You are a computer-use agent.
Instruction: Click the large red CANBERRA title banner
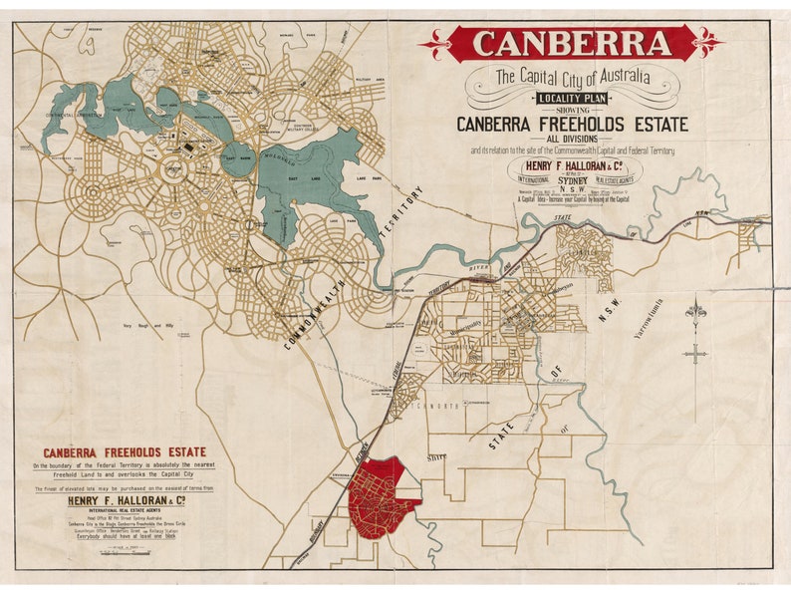point(572,44)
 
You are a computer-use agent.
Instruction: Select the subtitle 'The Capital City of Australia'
point(572,76)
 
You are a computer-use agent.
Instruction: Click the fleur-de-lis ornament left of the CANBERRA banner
point(435,44)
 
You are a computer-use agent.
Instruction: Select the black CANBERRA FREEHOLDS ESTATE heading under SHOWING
point(572,125)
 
